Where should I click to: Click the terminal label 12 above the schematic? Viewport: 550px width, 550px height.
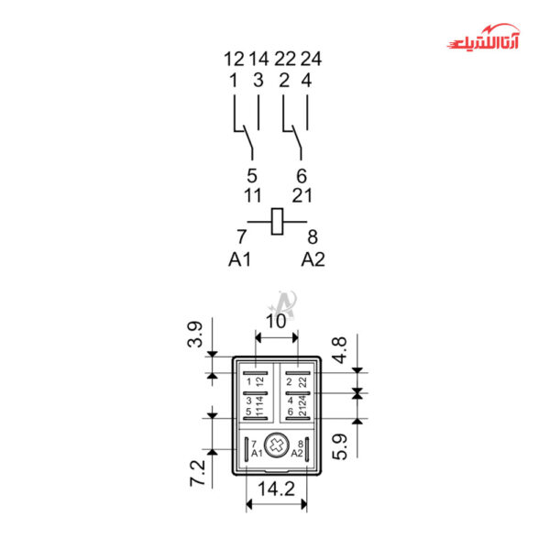pos(234,60)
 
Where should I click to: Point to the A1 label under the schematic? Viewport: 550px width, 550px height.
pos(239,259)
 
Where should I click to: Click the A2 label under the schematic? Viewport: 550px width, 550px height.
pos(313,259)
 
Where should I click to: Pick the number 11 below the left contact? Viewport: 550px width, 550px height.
pos(252,195)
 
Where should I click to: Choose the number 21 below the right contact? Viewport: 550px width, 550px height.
pos(302,195)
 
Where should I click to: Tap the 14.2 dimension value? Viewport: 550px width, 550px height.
pos(277,489)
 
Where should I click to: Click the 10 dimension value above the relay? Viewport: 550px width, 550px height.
pos(276,321)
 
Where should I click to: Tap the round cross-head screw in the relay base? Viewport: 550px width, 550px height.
pos(277,445)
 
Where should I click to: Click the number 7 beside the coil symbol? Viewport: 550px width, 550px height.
pos(242,237)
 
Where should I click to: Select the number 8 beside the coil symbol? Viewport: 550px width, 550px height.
pos(313,237)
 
